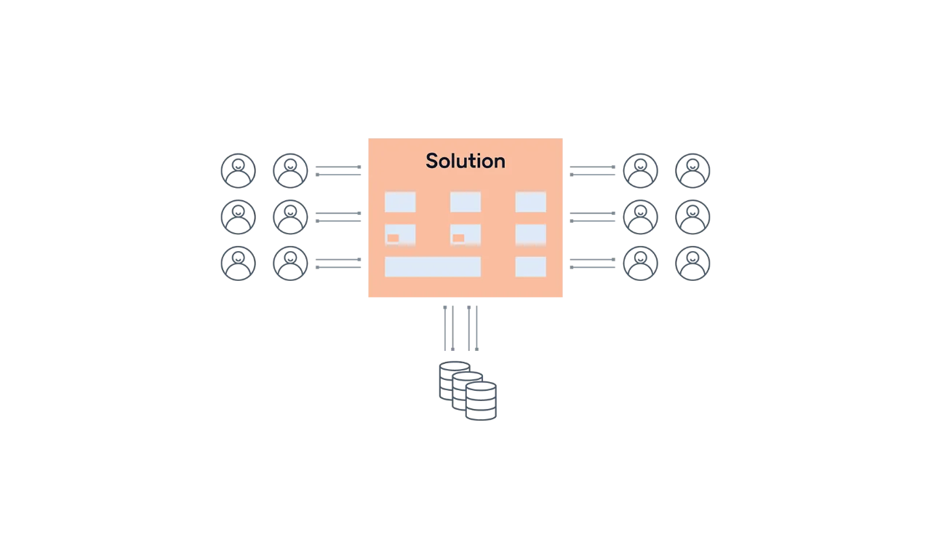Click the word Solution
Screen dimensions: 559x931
(465, 161)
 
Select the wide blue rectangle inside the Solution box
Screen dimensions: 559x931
(432, 266)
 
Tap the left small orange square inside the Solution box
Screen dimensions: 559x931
(393, 238)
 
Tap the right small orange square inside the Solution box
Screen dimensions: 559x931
(458, 238)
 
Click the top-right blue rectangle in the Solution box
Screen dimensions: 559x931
(530, 202)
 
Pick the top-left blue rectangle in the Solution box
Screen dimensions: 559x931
(399, 202)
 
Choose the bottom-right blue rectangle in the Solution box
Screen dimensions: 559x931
(530, 266)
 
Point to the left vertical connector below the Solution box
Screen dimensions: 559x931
(449, 328)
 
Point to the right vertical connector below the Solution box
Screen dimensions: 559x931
(474, 328)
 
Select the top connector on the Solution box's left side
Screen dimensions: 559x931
(340, 172)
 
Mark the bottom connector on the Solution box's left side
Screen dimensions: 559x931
(340, 266)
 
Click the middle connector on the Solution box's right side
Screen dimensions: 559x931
(590, 218)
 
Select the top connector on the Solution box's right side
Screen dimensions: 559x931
(590, 172)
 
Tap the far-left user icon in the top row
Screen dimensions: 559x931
(236, 172)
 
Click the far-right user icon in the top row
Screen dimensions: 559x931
(694, 172)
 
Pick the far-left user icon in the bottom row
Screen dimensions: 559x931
(236, 264)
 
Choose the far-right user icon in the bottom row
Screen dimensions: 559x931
(694, 264)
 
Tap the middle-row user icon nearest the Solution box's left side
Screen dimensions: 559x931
(289, 218)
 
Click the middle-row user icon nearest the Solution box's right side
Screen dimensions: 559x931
(642, 218)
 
